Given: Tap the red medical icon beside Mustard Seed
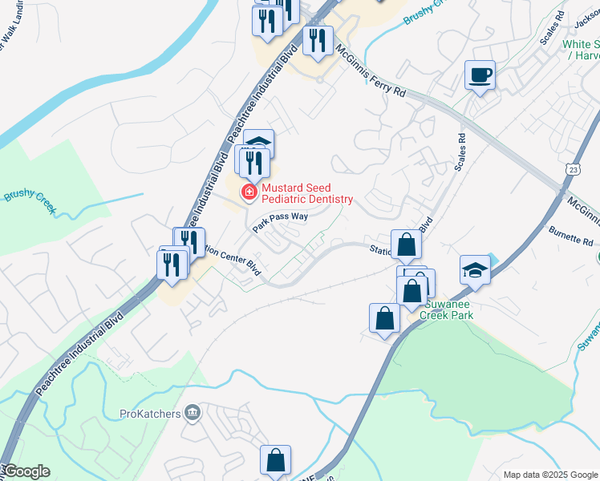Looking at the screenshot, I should (249, 192).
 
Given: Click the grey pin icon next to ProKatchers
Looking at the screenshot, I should (192, 413).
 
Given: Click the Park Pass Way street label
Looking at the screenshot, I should (280, 221).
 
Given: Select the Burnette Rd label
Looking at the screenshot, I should (571, 240).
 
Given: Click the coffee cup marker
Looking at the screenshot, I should (480, 76).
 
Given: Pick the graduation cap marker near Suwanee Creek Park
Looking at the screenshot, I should (475, 270).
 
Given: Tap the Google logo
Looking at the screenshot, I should (26, 471).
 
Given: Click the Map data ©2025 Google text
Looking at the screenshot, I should (550, 475).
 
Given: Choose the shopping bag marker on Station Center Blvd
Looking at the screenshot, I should (407, 244).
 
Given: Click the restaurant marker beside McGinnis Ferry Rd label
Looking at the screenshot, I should (318, 40).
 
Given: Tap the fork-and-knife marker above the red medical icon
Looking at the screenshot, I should (254, 162).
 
